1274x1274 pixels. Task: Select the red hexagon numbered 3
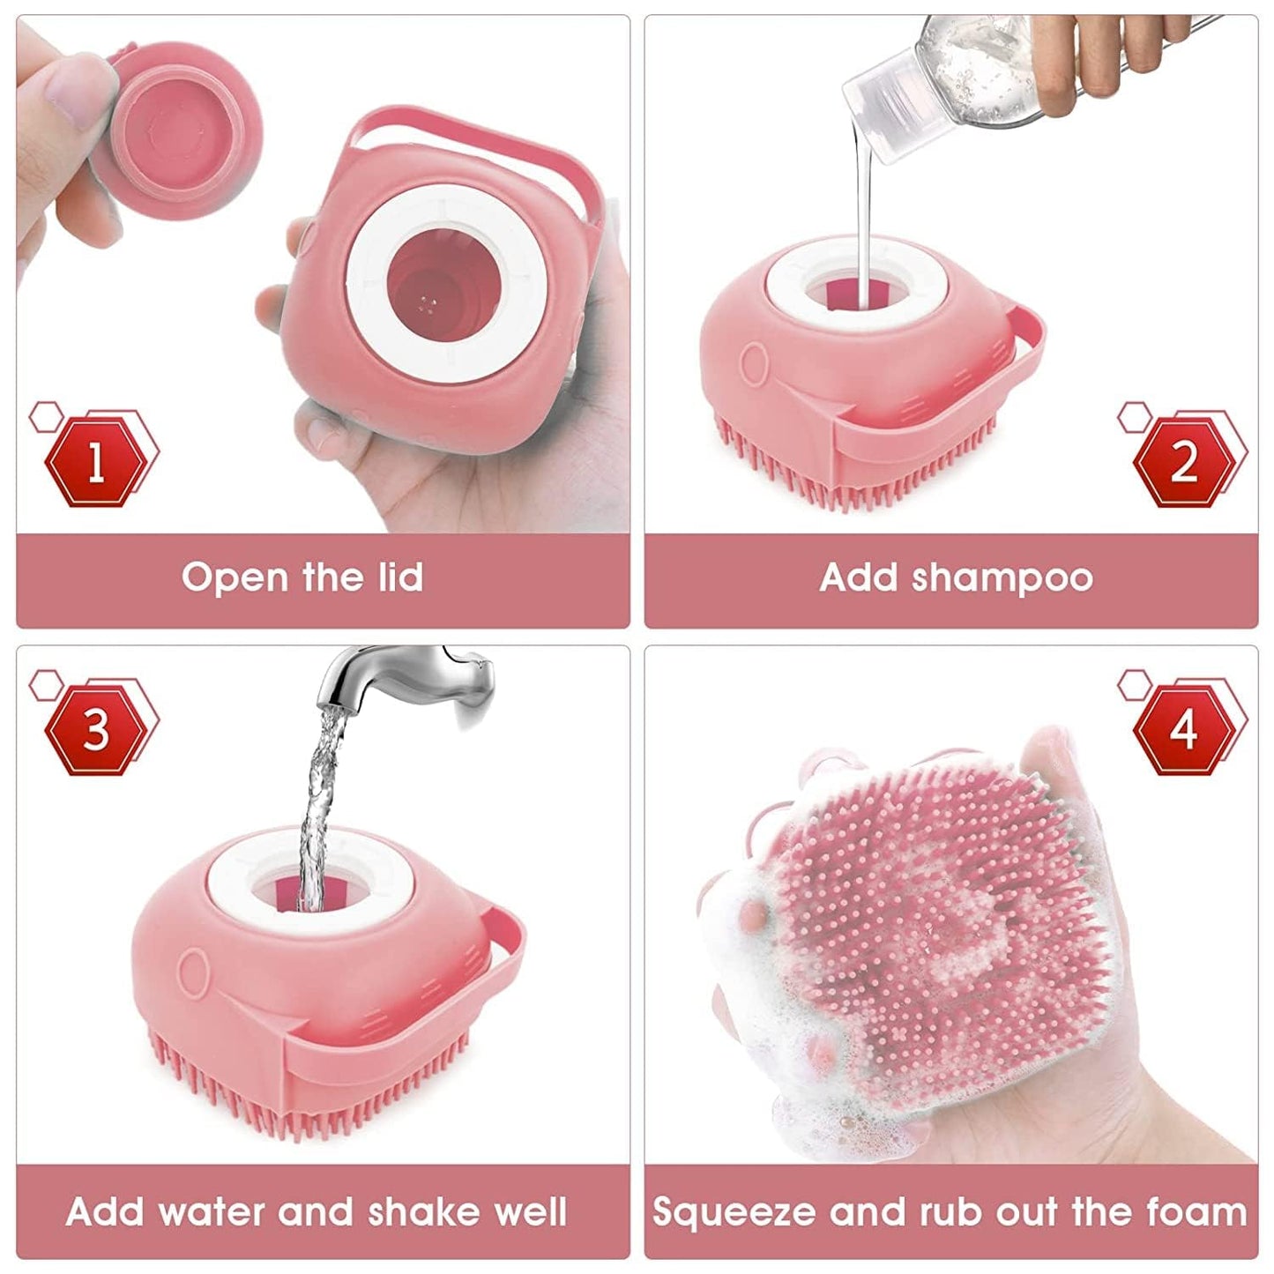click(96, 729)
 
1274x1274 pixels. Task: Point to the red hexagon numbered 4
click(1184, 729)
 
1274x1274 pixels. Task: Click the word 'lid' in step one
click(395, 577)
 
